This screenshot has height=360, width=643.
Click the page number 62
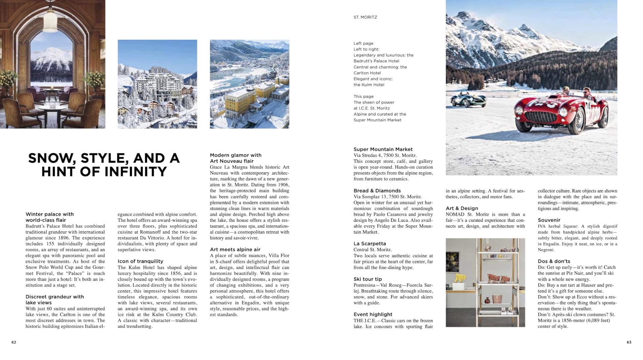pyautogui.click(x=14, y=342)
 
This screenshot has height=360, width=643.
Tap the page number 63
pyautogui.click(x=629, y=342)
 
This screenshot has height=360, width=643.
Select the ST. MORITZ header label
pyautogui.click(x=365, y=17)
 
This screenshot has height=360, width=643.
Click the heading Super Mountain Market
pyautogui.click(x=383, y=149)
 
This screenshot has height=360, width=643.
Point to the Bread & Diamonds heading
pyautogui.click(x=377, y=191)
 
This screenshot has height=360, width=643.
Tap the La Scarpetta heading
pyautogui.click(x=370, y=244)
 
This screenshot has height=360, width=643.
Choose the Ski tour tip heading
pyautogui.click(x=368, y=279)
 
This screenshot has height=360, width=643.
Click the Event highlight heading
pyautogui.click(x=373, y=314)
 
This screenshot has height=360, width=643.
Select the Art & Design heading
pyautogui.click(x=462, y=208)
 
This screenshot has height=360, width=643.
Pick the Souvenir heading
pyautogui.click(x=549, y=220)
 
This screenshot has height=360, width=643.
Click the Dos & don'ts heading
pyautogui.click(x=554, y=261)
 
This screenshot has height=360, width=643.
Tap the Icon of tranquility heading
pyautogui.click(x=140, y=261)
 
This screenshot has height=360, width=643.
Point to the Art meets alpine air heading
pyautogui.click(x=235, y=250)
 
